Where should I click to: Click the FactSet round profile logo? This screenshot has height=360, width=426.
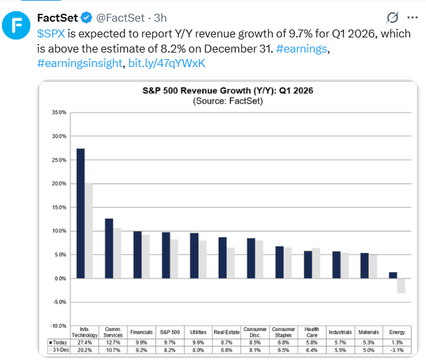[x=16, y=25]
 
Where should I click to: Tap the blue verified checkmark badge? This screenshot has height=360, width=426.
[x=87, y=18]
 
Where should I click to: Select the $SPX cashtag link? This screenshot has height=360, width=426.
[x=51, y=34]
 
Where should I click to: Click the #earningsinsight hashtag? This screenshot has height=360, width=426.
[x=79, y=63]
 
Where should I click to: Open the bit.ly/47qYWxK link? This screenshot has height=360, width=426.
[x=167, y=63]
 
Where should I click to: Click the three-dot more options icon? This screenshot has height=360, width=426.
[x=412, y=18]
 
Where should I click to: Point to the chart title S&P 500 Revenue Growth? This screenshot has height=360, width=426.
[x=228, y=91]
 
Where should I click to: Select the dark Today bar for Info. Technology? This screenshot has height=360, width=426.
[x=81, y=214]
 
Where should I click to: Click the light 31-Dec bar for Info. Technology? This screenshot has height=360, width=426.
[x=89, y=231]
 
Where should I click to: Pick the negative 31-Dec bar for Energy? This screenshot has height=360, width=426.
[x=401, y=286]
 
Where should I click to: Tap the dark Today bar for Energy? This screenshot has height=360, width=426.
[x=393, y=275]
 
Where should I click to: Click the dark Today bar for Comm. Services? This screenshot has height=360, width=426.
[x=109, y=248]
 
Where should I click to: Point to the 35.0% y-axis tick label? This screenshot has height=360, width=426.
[x=59, y=112]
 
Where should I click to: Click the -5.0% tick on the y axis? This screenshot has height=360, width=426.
[x=59, y=302]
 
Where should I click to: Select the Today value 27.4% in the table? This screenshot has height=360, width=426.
[x=85, y=342]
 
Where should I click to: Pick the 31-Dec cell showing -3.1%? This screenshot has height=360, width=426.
[x=397, y=350]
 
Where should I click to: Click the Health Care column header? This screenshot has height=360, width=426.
[x=312, y=332]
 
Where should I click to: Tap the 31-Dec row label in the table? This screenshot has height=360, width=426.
[x=59, y=350]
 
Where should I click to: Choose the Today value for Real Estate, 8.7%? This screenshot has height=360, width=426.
[x=226, y=342]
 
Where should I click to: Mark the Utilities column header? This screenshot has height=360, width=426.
[x=198, y=332]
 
